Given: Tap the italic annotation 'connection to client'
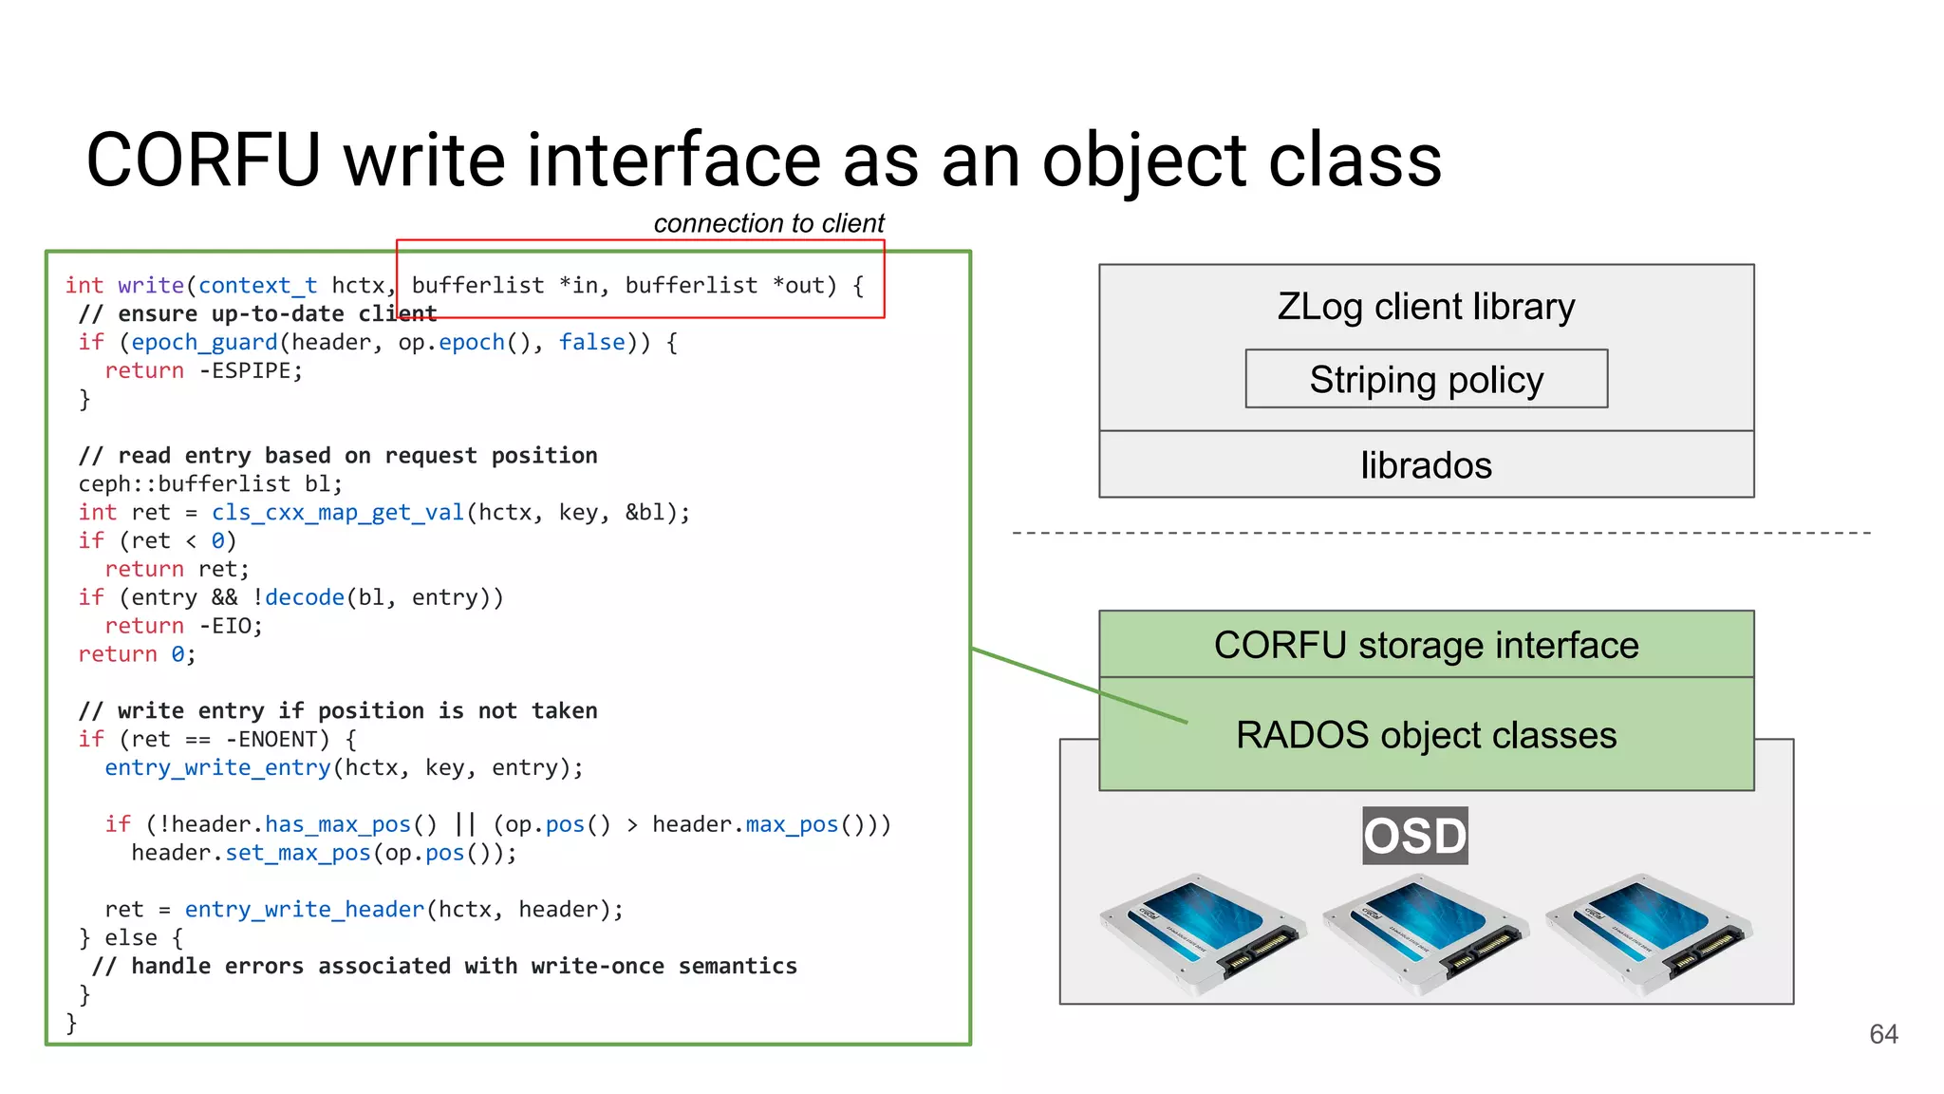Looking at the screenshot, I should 768,223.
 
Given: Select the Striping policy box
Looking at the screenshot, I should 1426,379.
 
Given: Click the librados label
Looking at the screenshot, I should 1426,465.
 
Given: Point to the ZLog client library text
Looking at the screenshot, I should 1426,307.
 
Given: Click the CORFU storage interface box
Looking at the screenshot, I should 1426,645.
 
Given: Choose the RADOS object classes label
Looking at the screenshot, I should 1426,735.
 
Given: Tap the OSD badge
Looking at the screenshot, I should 1414,836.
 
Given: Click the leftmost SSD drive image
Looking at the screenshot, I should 1202,934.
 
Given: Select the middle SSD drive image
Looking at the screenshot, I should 1425,934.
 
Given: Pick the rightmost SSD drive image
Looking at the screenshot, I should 1649,934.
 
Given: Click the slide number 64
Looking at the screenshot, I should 1883,1034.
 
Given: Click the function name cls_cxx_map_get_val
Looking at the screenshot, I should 337,513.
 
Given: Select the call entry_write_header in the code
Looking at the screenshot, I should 304,910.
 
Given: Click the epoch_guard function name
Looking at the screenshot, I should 204,343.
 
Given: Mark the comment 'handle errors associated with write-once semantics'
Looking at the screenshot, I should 463,967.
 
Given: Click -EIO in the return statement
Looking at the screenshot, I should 230,627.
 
